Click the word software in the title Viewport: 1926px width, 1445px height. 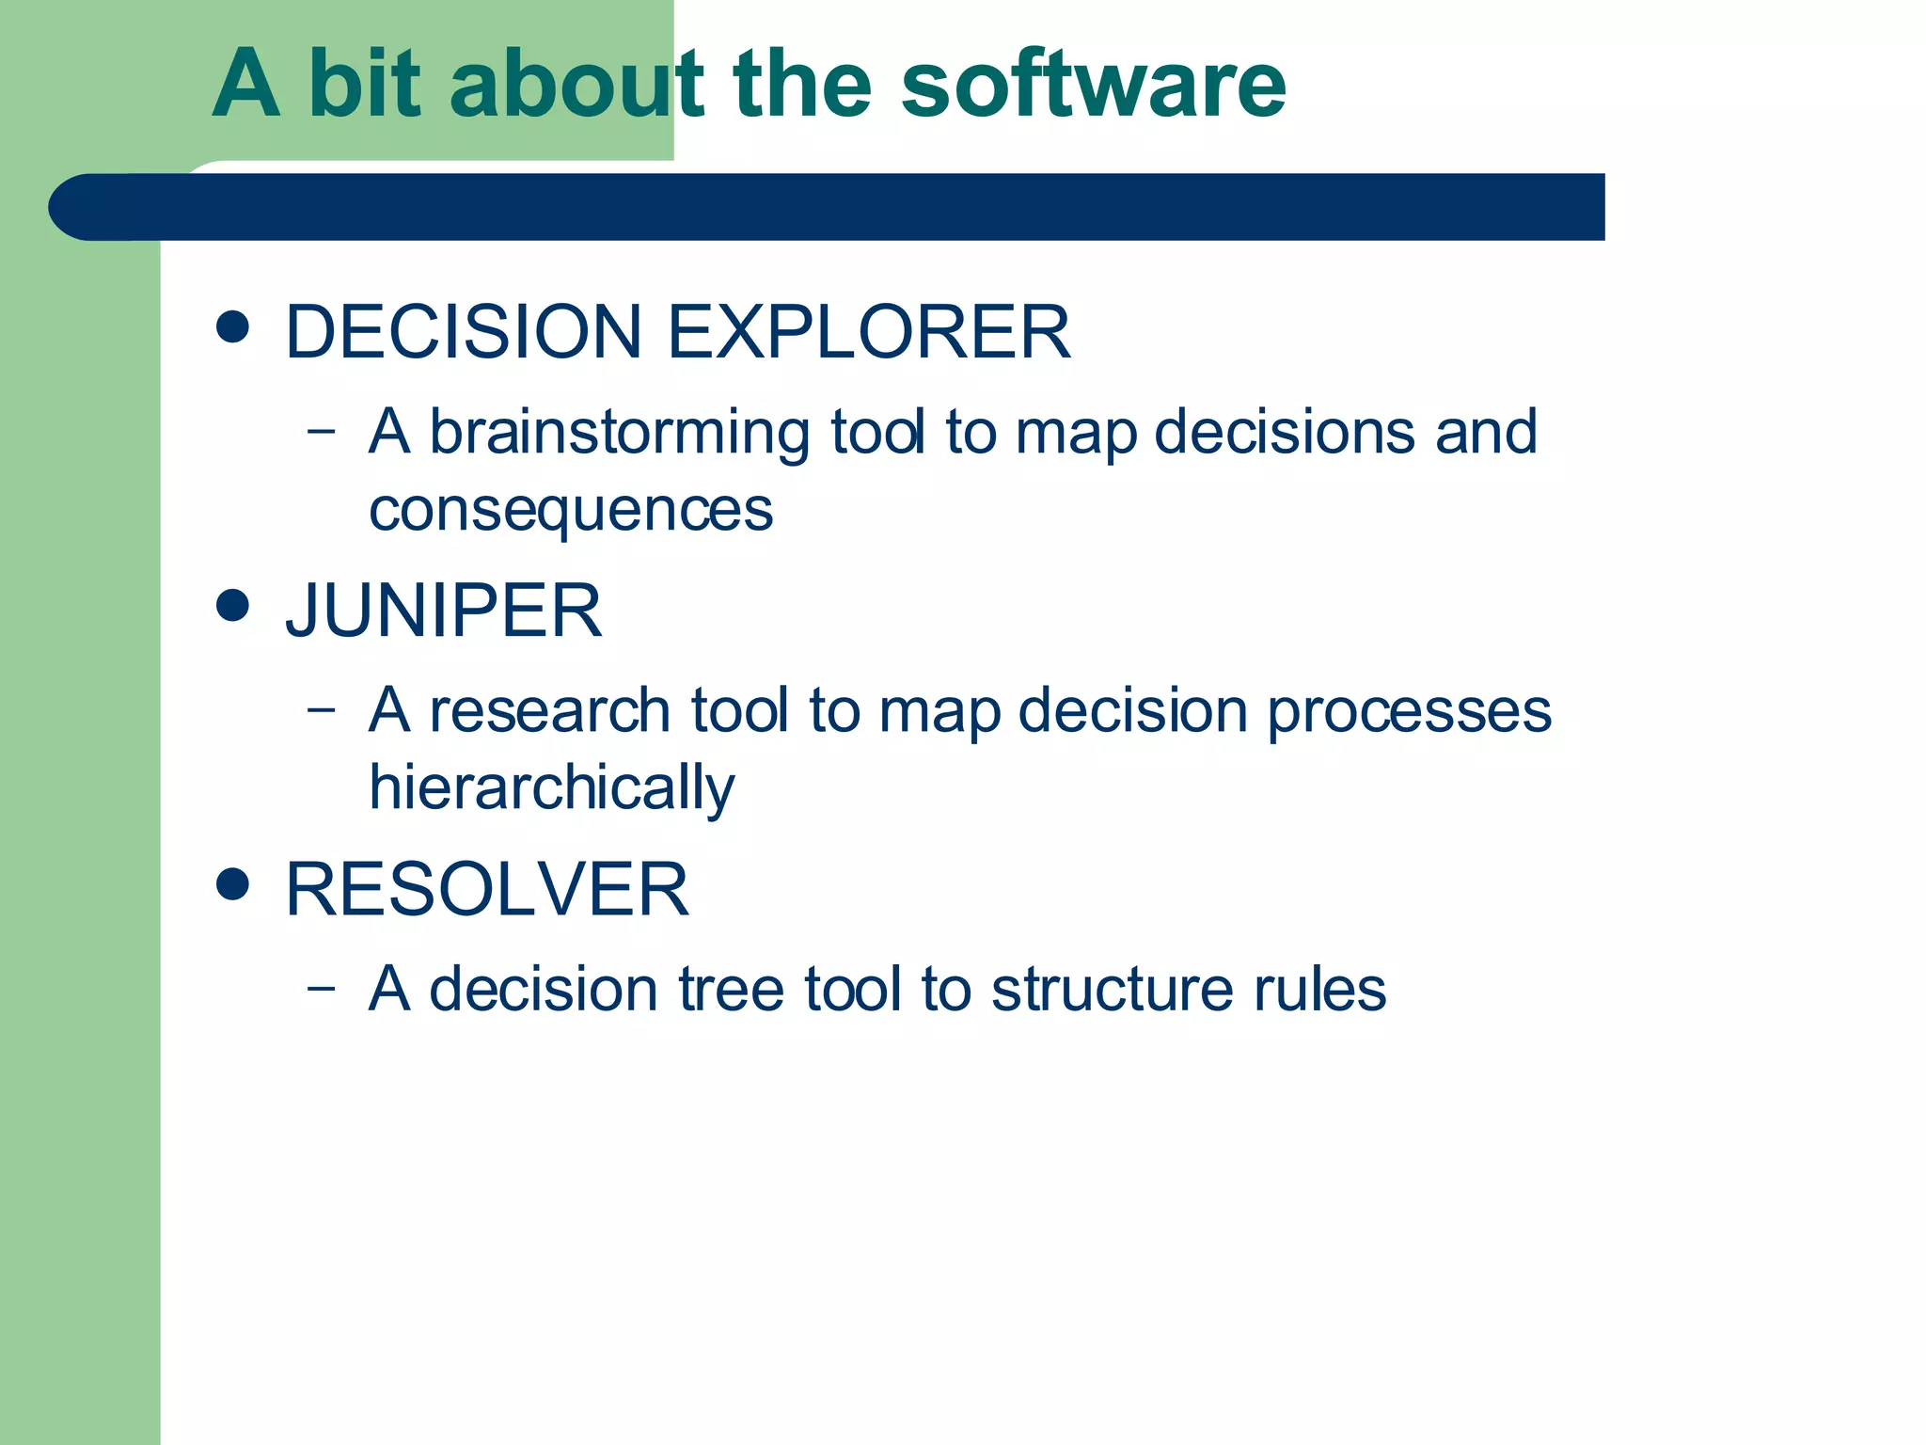click(1093, 85)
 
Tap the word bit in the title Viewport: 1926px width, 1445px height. click(365, 85)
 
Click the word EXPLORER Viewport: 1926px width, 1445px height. click(868, 332)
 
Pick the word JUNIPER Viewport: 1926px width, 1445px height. click(443, 611)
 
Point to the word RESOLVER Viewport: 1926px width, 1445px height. click(487, 889)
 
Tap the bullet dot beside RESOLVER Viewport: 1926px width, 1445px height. click(232, 883)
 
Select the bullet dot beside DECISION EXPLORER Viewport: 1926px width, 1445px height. click(232, 326)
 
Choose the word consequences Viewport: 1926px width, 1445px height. click(571, 510)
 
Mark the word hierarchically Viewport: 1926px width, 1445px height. click(552, 787)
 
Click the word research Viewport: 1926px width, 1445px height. click(549, 710)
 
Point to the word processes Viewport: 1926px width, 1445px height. click(1409, 710)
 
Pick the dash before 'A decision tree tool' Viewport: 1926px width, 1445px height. click(321, 988)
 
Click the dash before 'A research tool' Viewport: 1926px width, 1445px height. click(321, 709)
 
